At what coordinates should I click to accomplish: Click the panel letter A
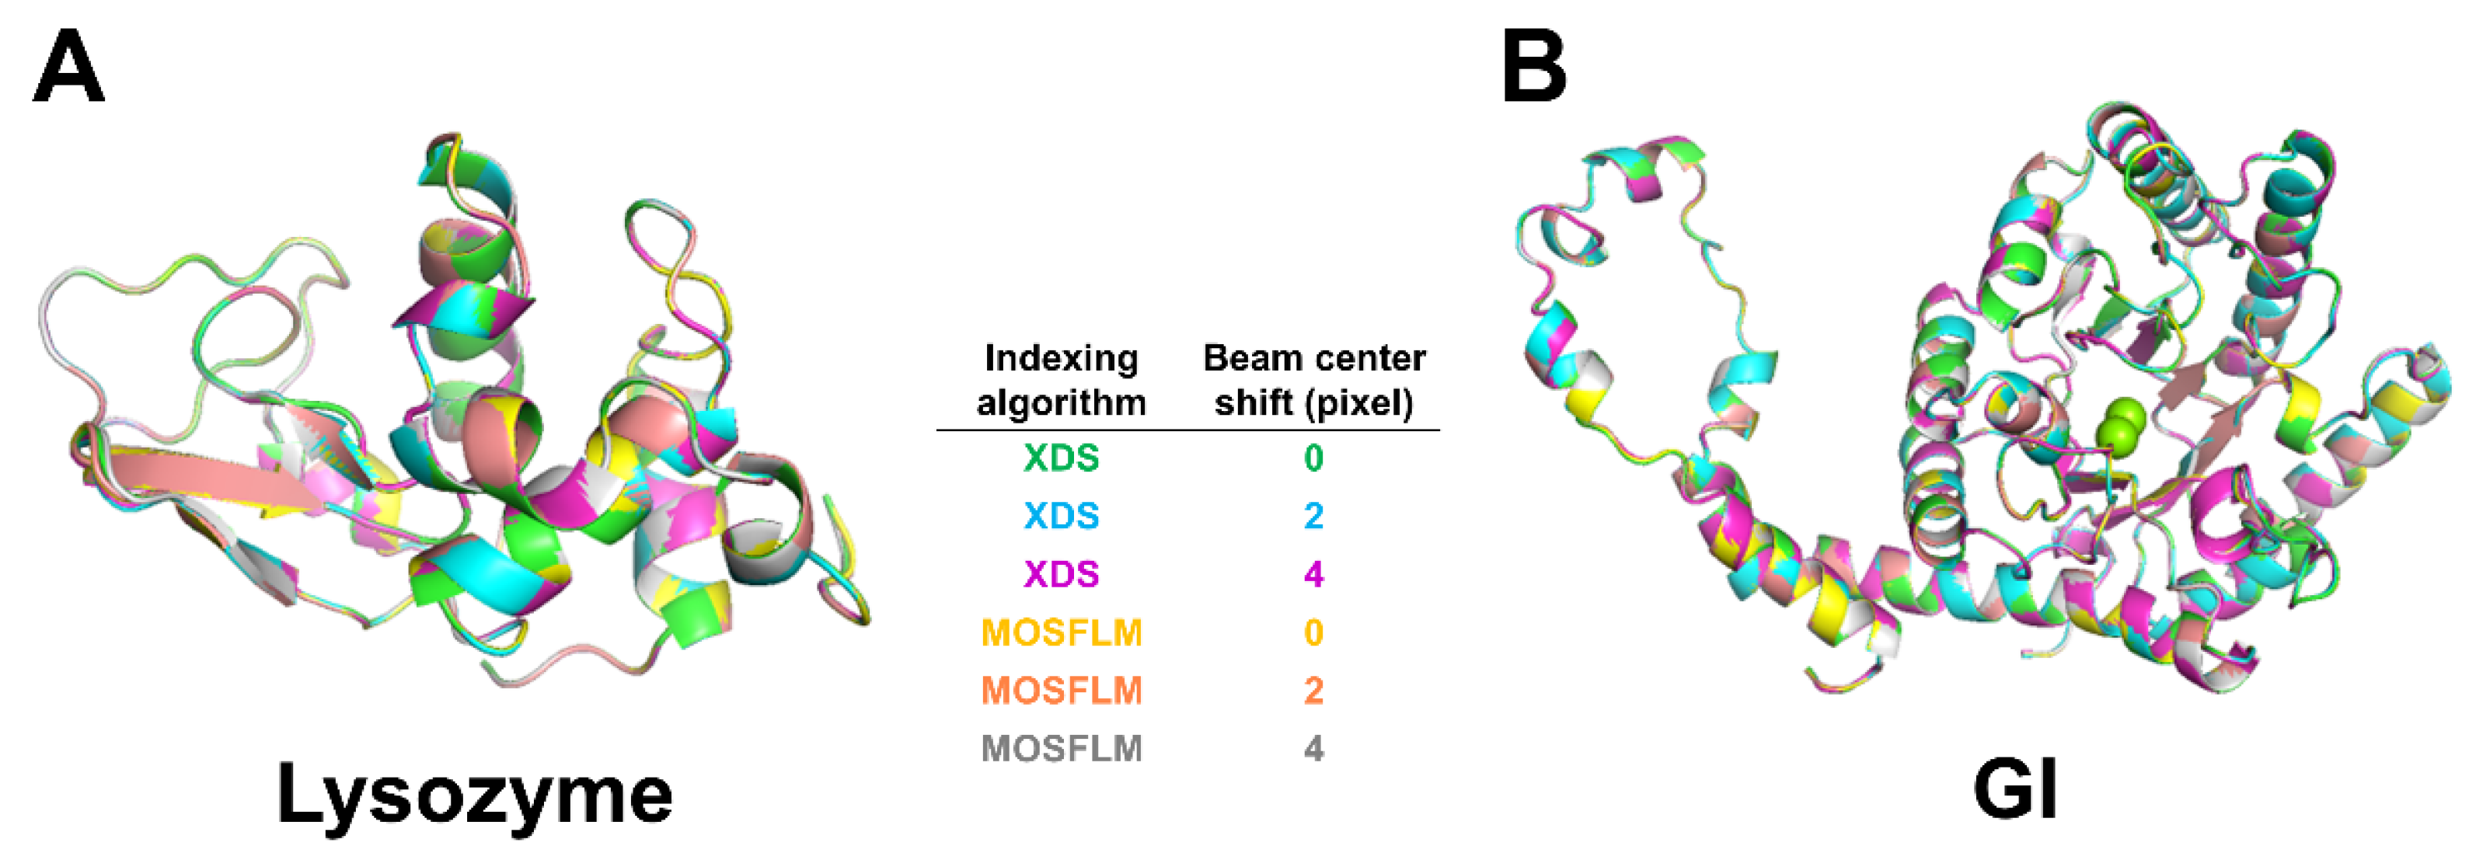tap(68, 66)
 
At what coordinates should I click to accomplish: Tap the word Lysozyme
tap(474, 794)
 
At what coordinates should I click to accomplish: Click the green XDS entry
tap(1061, 458)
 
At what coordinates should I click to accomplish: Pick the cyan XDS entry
tap(1061, 517)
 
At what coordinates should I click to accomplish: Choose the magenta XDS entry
tap(1061, 574)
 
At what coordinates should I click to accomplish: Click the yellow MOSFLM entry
tap(1061, 632)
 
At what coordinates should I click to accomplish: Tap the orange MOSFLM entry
tap(1061, 690)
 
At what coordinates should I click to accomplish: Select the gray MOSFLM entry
tap(1061, 748)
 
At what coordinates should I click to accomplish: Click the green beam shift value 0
tap(1313, 458)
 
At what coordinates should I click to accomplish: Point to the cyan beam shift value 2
tap(1313, 517)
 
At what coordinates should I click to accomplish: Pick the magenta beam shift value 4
tap(1313, 574)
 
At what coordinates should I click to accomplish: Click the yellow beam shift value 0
tap(1313, 632)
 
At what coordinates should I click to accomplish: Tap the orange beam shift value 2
tap(1313, 690)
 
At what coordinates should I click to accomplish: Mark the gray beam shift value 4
tap(1313, 748)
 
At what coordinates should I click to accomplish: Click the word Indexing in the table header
tap(1061, 359)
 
